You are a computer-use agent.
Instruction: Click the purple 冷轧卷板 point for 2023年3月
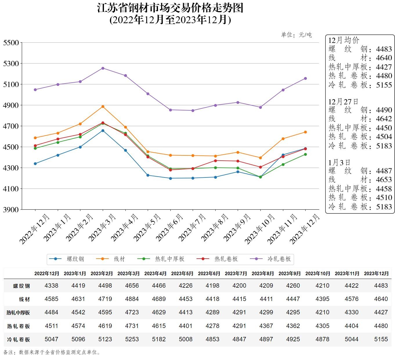[103, 68]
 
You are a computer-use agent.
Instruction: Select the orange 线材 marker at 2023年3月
[103, 107]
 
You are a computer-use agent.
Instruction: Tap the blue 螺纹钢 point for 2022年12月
[35, 164]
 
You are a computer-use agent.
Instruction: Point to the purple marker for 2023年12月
[305, 79]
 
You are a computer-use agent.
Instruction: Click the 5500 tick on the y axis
[11, 43]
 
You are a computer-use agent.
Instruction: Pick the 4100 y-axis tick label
[11, 189]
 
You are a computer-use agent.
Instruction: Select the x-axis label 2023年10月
[259, 229]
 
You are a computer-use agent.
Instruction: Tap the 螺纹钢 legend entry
[67, 259]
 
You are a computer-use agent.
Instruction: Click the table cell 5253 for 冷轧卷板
[132, 339]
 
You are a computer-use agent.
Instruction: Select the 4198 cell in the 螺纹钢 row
[212, 286]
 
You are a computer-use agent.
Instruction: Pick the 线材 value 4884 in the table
[132, 299]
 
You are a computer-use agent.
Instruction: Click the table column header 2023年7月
[236, 273]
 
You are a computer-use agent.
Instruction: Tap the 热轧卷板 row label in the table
[19, 326]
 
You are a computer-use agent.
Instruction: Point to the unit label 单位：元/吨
[296, 35]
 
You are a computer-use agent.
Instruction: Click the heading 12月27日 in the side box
[343, 102]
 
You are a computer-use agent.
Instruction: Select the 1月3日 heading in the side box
[339, 163]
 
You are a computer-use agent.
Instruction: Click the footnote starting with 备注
[52, 353]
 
